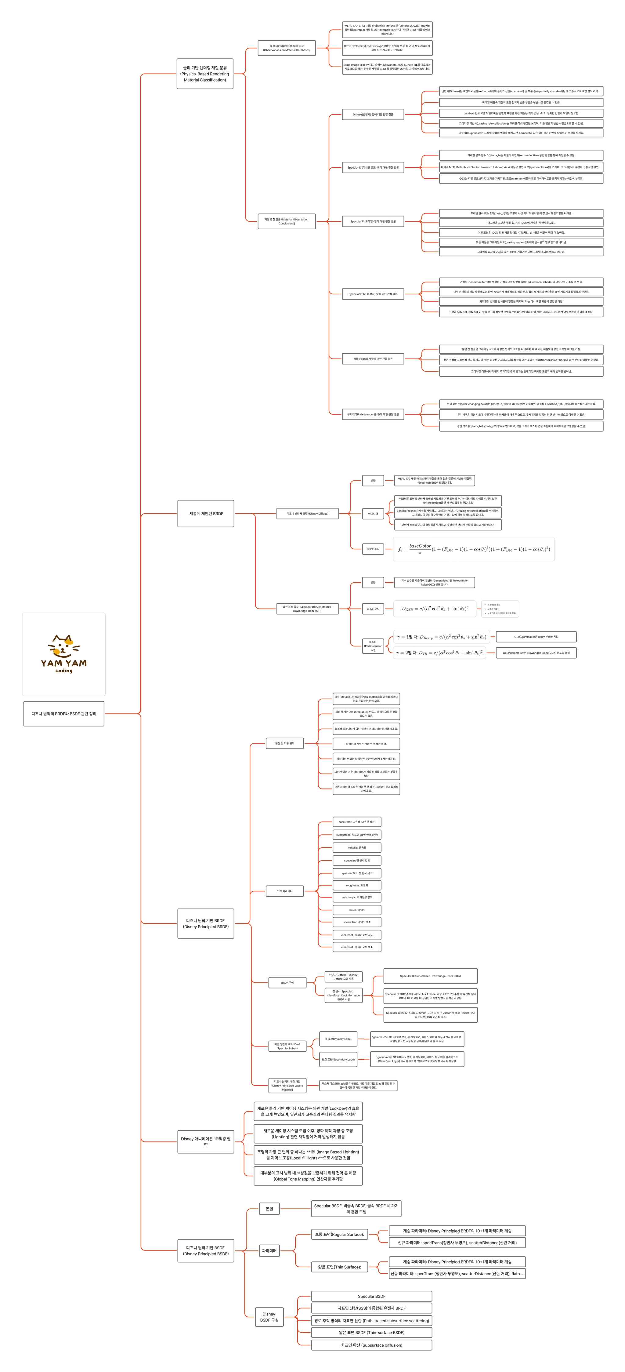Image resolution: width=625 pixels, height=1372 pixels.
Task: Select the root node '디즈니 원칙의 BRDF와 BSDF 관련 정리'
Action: point(64,714)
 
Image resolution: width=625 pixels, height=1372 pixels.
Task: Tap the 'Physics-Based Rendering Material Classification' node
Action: point(205,74)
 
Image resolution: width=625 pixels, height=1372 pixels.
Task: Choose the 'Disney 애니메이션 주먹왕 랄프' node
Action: point(205,1141)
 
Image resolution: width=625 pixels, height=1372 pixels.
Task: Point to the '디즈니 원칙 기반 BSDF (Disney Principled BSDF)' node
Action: point(205,1250)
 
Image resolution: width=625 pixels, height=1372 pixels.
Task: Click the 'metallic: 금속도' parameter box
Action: point(357,847)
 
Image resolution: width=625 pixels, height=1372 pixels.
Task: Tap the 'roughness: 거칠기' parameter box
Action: point(357,885)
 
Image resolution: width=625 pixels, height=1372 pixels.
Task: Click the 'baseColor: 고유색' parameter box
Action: point(357,822)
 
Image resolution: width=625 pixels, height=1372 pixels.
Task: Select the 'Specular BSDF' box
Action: point(372,1296)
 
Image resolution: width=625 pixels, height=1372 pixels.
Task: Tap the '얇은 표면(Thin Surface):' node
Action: point(340,1267)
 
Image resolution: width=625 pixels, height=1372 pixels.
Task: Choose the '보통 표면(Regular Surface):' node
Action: point(340,1234)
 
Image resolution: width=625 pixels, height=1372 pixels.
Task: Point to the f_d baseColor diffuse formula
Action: point(474,549)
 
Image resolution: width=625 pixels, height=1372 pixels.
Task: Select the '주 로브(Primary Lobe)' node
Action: point(338,1039)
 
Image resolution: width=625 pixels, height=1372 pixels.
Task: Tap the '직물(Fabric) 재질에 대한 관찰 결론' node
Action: point(373,359)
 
